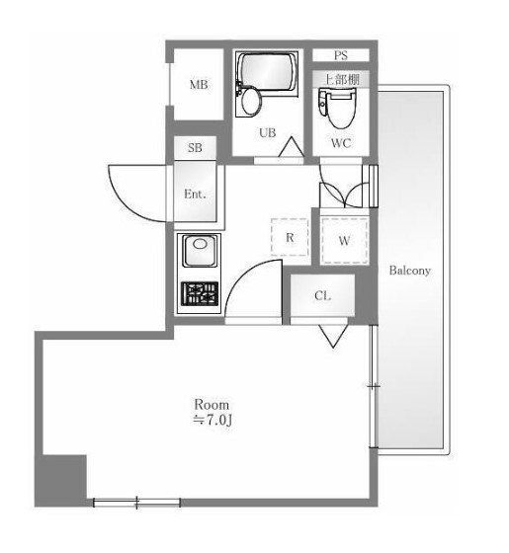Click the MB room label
click(x=199, y=85)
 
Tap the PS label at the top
click(x=341, y=55)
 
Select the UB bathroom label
click(x=267, y=133)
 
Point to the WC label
click(x=341, y=143)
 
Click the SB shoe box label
click(x=195, y=147)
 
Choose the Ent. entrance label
click(x=195, y=194)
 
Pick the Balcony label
click(x=410, y=271)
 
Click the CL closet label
click(x=322, y=295)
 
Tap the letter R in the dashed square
click(x=290, y=238)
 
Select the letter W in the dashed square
click(x=344, y=241)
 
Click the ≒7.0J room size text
click(x=212, y=420)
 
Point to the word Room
click(x=212, y=404)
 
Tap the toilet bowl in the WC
click(x=338, y=108)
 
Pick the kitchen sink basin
click(x=199, y=251)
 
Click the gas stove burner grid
click(x=200, y=294)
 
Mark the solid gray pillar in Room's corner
click(x=61, y=480)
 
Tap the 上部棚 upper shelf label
click(x=342, y=80)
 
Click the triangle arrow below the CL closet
click(x=333, y=337)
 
